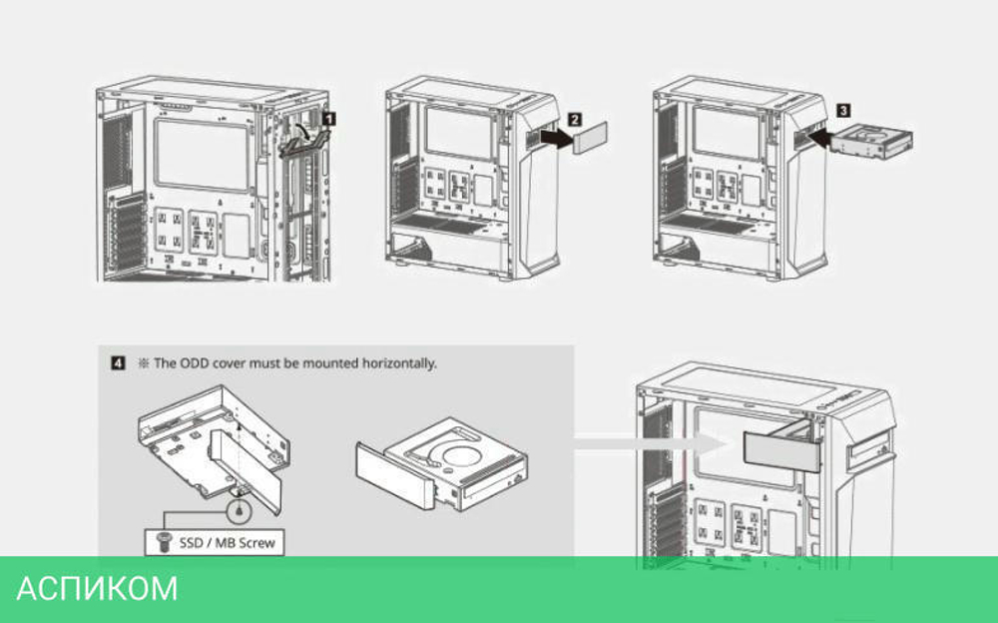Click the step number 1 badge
point(329,118)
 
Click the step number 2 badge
point(575,117)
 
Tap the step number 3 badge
point(843,103)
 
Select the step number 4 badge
point(118,363)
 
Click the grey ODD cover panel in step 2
point(588,138)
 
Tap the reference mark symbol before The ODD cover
point(143,363)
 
